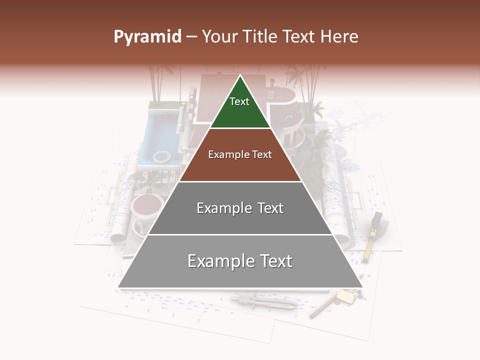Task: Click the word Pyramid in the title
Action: coord(147,36)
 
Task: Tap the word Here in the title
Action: coord(339,36)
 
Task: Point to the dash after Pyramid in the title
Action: coord(191,37)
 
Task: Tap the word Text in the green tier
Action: coord(239,101)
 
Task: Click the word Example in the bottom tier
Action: coord(217,261)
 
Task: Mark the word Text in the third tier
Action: coord(270,208)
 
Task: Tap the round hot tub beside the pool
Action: coord(162,156)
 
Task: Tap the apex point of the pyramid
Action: coord(240,76)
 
